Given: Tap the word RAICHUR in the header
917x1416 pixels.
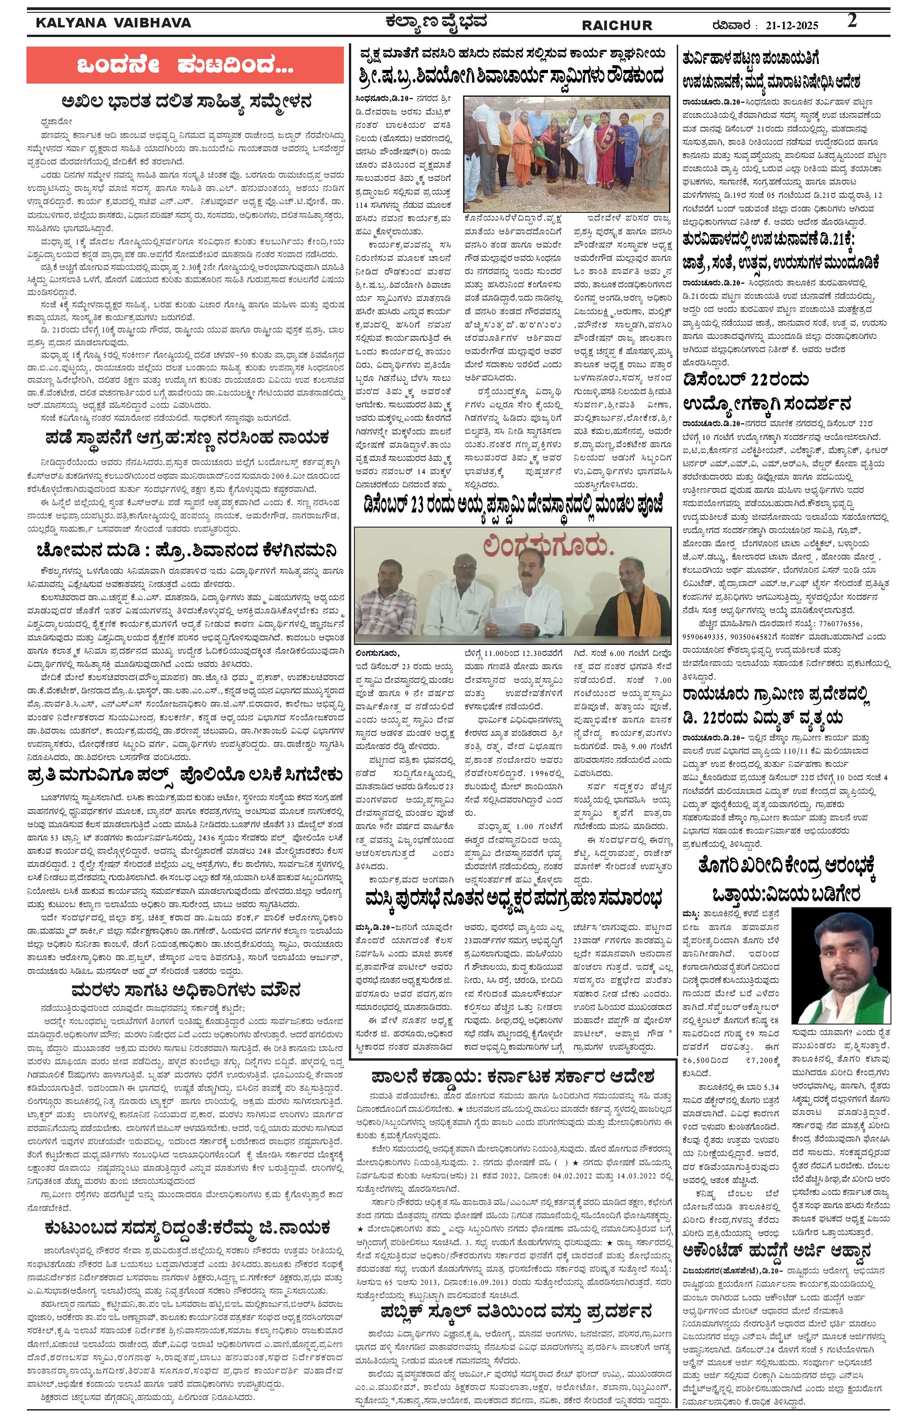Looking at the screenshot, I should (616, 26).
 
